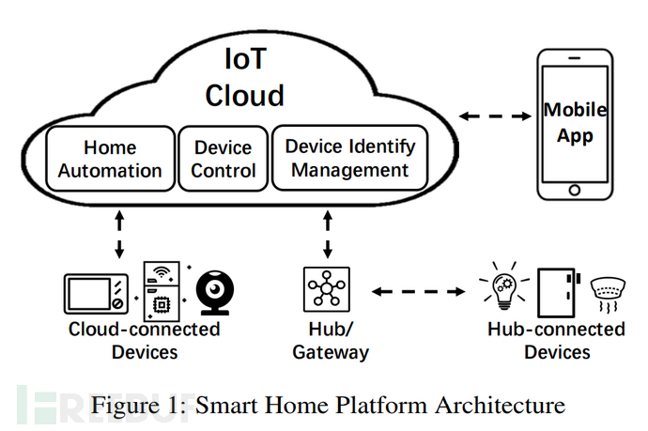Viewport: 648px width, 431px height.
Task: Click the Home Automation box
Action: click(x=110, y=160)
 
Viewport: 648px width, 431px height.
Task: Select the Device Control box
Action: click(x=224, y=160)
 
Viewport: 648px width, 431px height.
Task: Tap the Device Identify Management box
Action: click(x=348, y=159)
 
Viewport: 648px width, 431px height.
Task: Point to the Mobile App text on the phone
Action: click(x=575, y=123)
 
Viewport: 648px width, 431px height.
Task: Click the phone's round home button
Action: click(x=575, y=190)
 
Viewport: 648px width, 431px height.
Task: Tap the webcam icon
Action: click(x=216, y=291)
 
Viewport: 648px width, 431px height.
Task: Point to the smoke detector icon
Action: click(x=610, y=292)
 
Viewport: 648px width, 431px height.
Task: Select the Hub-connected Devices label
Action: click(x=556, y=341)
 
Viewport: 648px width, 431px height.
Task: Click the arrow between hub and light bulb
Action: click(x=419, y=292)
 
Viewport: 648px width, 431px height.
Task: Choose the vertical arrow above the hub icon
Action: click(x=328, y=236)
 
